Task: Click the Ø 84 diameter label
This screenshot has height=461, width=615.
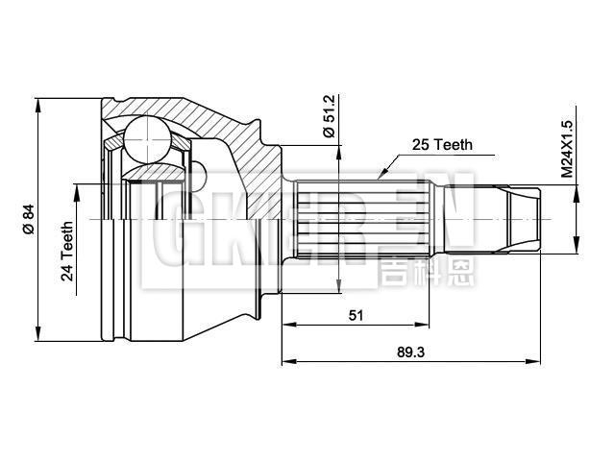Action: (x=28, y=220)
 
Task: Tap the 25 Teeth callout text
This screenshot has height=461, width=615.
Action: (x=441, y=145)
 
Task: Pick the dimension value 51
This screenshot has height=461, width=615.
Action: (x=355, y=314)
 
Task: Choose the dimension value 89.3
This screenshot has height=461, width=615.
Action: (x=410, y=352)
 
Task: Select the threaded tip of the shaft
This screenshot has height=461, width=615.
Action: (x=519, y=220)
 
